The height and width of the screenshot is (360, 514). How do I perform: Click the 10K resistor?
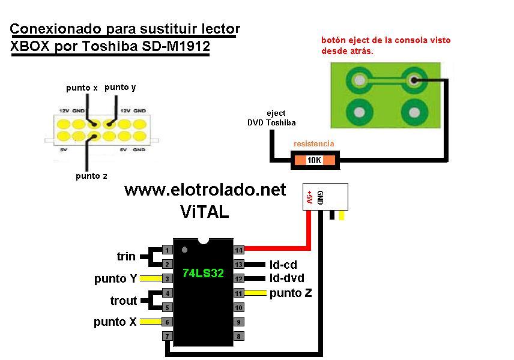(x=314, y=160)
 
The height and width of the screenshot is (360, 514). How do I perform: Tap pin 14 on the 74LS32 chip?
(x=238, y=250)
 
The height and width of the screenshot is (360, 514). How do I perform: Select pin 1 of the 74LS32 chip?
(x=168, y=250)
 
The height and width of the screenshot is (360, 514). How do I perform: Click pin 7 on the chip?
(x=168, y=336)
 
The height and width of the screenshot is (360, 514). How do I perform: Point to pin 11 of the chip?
(x=238, y=293)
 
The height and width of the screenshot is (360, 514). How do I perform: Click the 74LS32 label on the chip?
(x=203, y=273)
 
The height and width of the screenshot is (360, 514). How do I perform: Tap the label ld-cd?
(x=283, y=265)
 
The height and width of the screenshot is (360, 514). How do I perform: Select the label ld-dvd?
(x=286, y=278)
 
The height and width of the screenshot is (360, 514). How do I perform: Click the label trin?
(x=126, y=257)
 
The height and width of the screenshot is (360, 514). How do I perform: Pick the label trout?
(x=124, y=301)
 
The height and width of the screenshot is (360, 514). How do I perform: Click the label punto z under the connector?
(x=92, y=176)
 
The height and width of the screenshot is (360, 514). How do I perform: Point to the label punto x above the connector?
(x=82, y=88)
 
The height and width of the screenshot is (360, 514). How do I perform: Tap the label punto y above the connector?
(x=120, y=87)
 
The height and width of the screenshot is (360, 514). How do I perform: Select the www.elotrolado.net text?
(x=205, y=190)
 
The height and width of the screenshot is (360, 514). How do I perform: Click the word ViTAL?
(x=204, y=211)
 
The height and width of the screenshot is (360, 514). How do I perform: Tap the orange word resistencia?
(x=313, y=144)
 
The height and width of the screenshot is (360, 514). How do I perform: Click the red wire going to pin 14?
(x=282, y=247)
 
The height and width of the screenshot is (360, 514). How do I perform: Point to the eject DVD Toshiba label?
(x=272, y=118)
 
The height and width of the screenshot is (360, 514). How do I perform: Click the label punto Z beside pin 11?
(x=291, y=293)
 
